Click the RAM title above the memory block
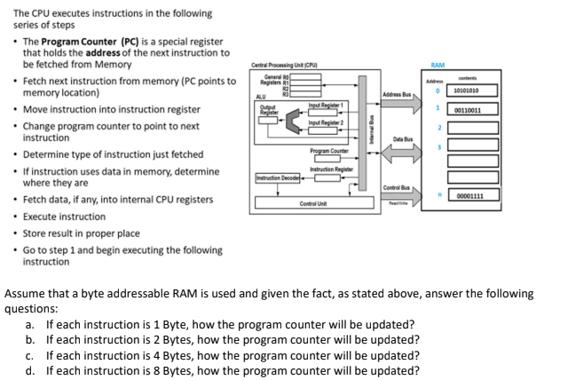(x=437, y=65)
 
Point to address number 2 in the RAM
(x=438, y=130)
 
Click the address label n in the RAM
(x=438, y=195)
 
